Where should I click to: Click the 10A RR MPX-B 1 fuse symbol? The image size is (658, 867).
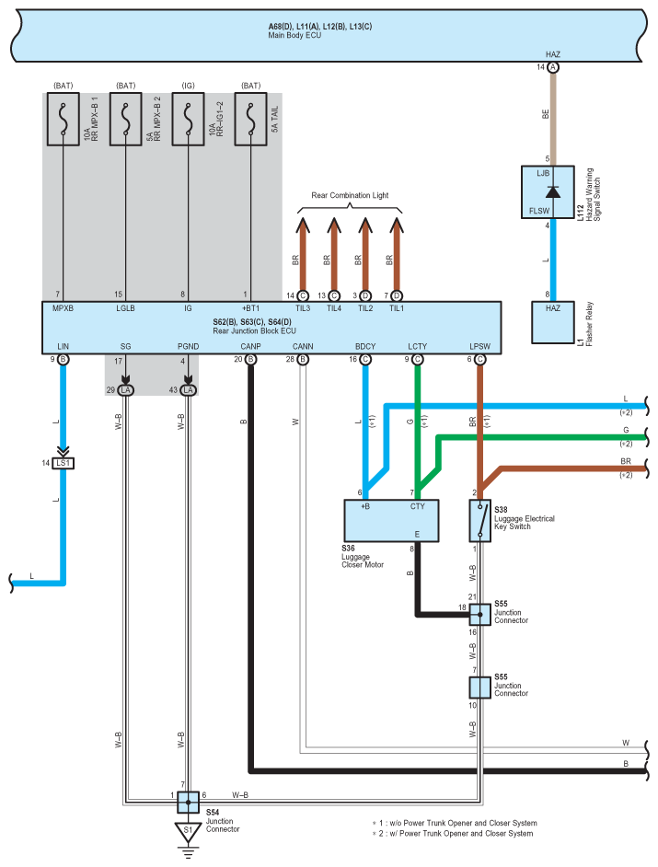coord(63,119)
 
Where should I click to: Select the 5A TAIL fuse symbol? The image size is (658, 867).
coord(250,119)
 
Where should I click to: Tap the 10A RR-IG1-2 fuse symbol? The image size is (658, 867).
coord(188,119)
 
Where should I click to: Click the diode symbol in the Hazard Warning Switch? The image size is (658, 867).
coord(552,191)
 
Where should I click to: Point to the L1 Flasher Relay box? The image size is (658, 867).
coord(552,322)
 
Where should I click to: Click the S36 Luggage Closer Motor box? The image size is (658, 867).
coord(391,521)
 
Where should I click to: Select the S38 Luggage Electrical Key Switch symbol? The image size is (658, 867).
coord(479,521)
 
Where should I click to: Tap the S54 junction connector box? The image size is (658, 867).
coord(188,802)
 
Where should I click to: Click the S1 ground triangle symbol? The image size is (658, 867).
coord(188,833)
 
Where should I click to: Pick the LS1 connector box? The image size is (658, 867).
coord(63,463)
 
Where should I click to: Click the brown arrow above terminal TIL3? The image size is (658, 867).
coord(303,254)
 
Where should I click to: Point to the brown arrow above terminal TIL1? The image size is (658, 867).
coord(397,254)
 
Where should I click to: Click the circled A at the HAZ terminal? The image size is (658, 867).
coord(552,67)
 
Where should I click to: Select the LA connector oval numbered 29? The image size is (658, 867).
coord(125,390)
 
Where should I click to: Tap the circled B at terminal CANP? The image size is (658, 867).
coord(250,359)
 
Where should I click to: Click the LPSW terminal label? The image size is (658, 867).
coord(479,347)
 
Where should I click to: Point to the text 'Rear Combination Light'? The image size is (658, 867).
coord(350,195)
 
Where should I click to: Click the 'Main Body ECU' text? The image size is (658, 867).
coord(294,35)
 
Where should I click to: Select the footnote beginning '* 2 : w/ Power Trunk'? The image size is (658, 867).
coord(453,833)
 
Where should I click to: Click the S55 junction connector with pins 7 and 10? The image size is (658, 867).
coord(479,688)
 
